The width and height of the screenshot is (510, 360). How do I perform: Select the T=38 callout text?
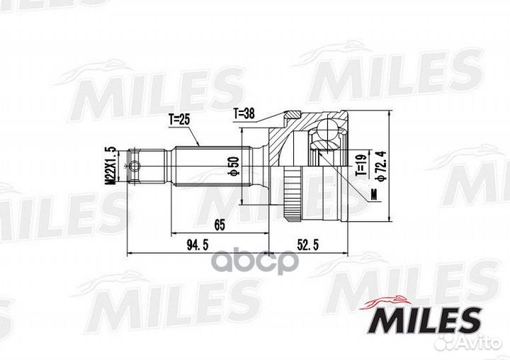click(245, 113)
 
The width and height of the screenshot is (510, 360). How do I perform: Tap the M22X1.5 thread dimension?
click(110, 166)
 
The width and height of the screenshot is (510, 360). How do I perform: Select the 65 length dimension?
click(220, 225)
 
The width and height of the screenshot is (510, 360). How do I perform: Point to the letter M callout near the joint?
click(372, 193)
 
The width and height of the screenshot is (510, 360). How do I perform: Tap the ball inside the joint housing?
click(328, 130)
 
